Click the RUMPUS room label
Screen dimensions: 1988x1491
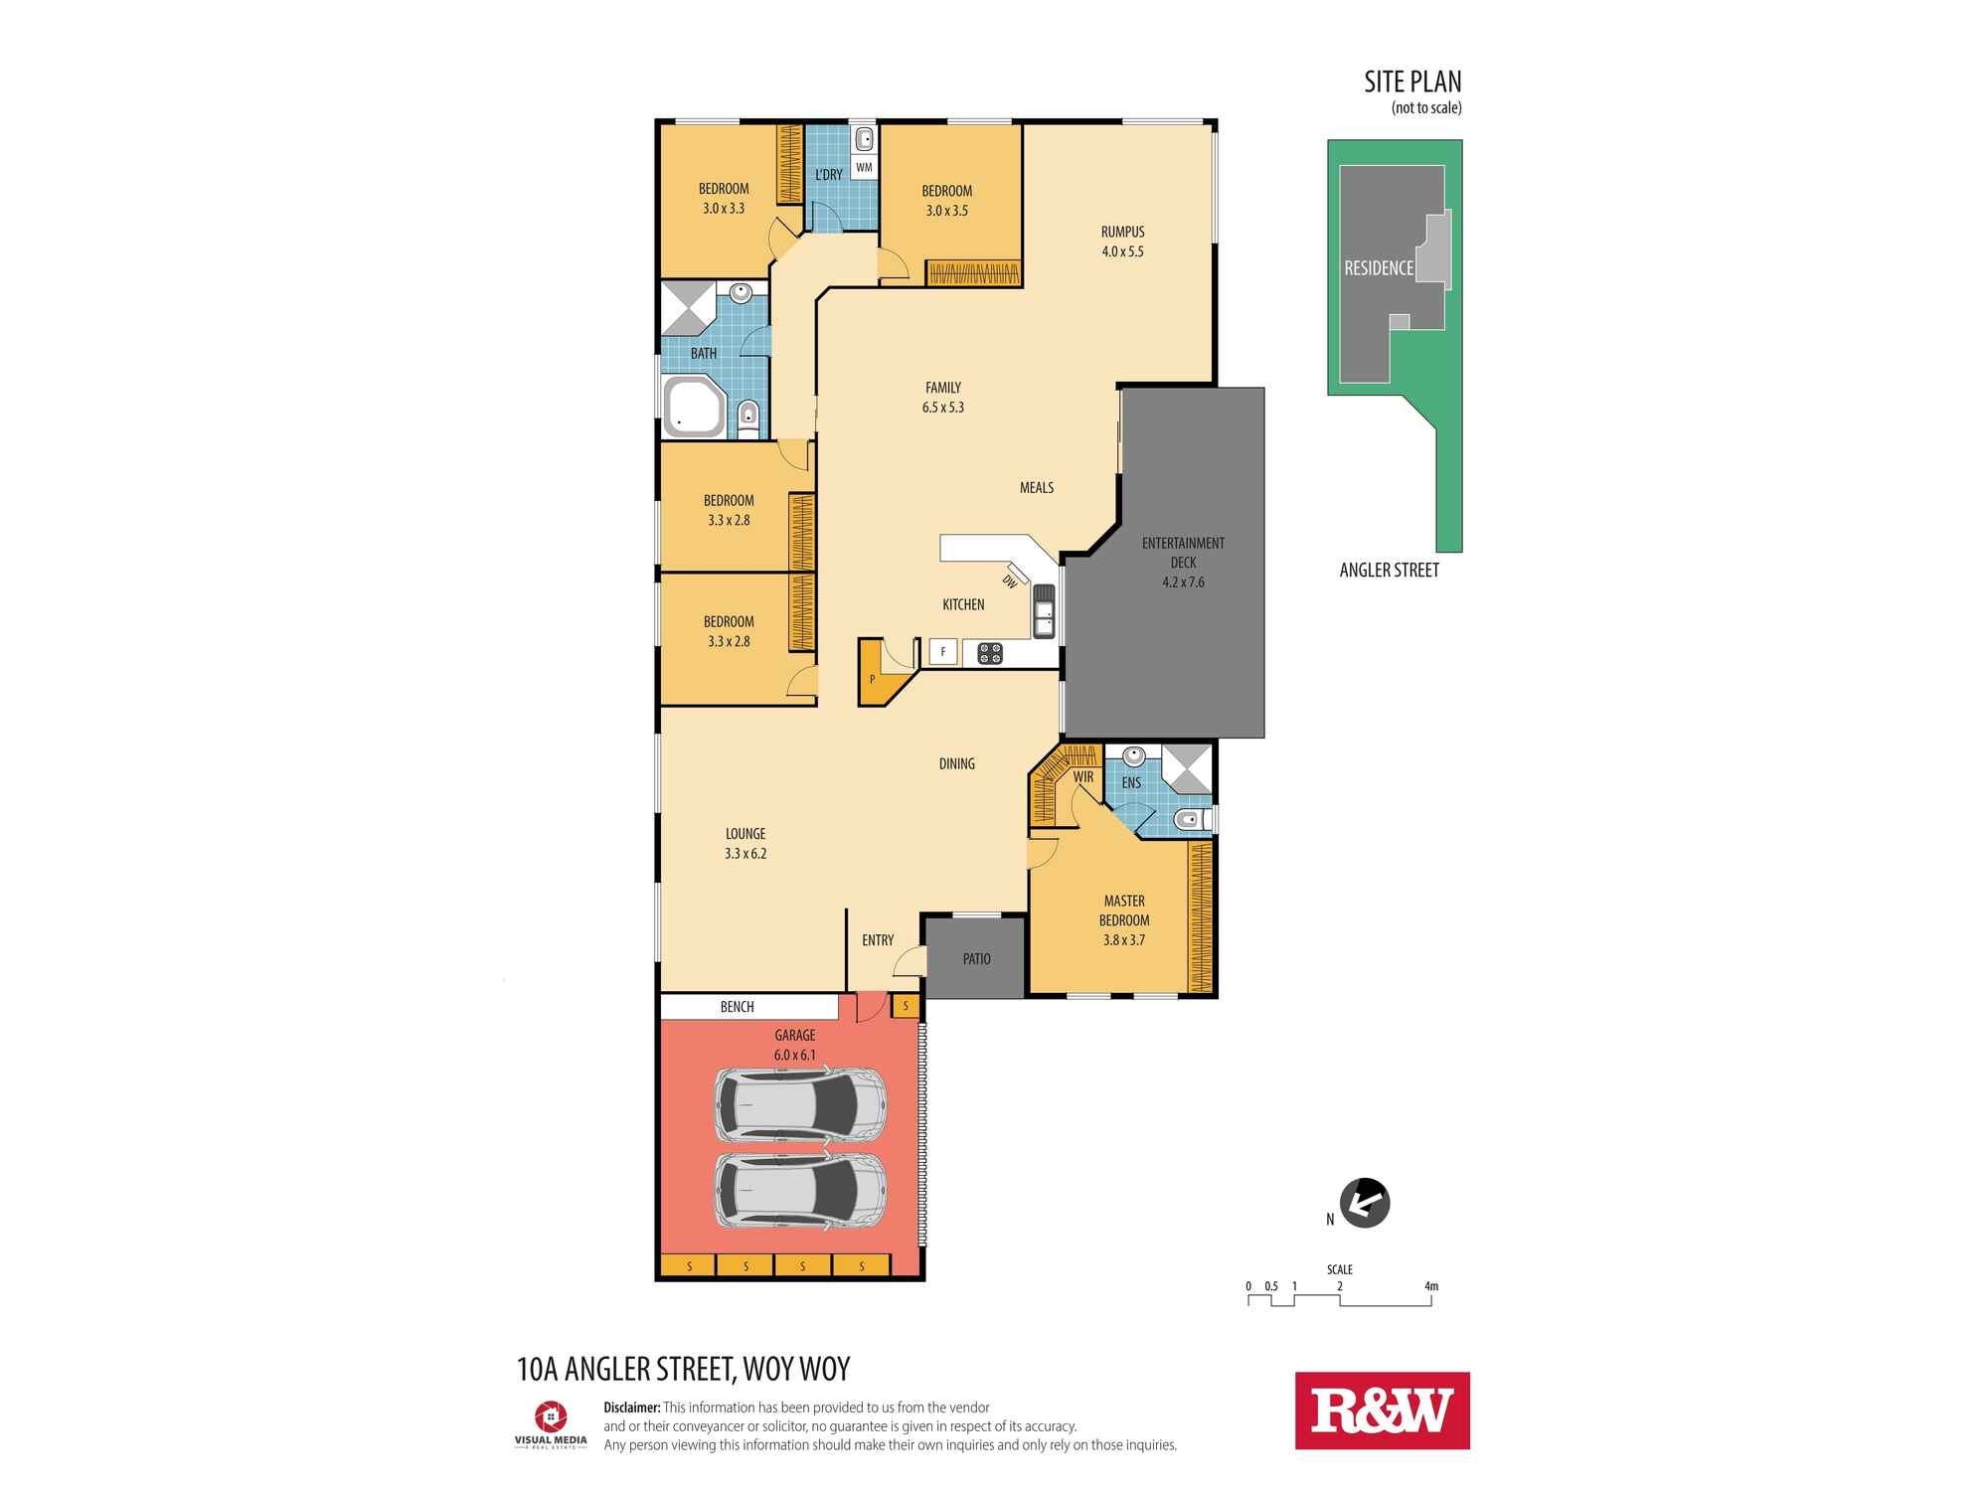[x=1122, y=232]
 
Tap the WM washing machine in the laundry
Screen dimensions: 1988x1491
[x=864, y=167]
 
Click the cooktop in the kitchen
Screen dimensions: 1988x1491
[x=990, y=653]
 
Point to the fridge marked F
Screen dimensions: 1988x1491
[x=943, y=652]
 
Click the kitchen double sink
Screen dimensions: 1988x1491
[x=1044, y=610]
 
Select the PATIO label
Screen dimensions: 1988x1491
[x=976, y=959]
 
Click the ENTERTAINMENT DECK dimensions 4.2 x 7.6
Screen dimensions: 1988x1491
[x=1183, y=582]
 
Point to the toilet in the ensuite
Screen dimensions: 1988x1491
[x=1189, y=820]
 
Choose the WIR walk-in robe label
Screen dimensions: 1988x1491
[x=1083, y=777]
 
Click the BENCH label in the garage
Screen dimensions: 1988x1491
[x=737, y=1007]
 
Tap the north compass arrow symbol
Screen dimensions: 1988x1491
[x=1365, y=1203]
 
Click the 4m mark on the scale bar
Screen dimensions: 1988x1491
[x=1431, y=1286]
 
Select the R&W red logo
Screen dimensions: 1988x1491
[x=1382, y=1410]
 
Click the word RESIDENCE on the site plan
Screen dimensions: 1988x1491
[x=1379, y=268]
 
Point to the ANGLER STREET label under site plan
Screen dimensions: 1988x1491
[x=1389, y=571]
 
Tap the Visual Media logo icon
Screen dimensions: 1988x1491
[x=551, y=1416]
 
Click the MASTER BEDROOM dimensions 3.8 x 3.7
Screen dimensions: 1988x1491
[x=1123, y=940]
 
